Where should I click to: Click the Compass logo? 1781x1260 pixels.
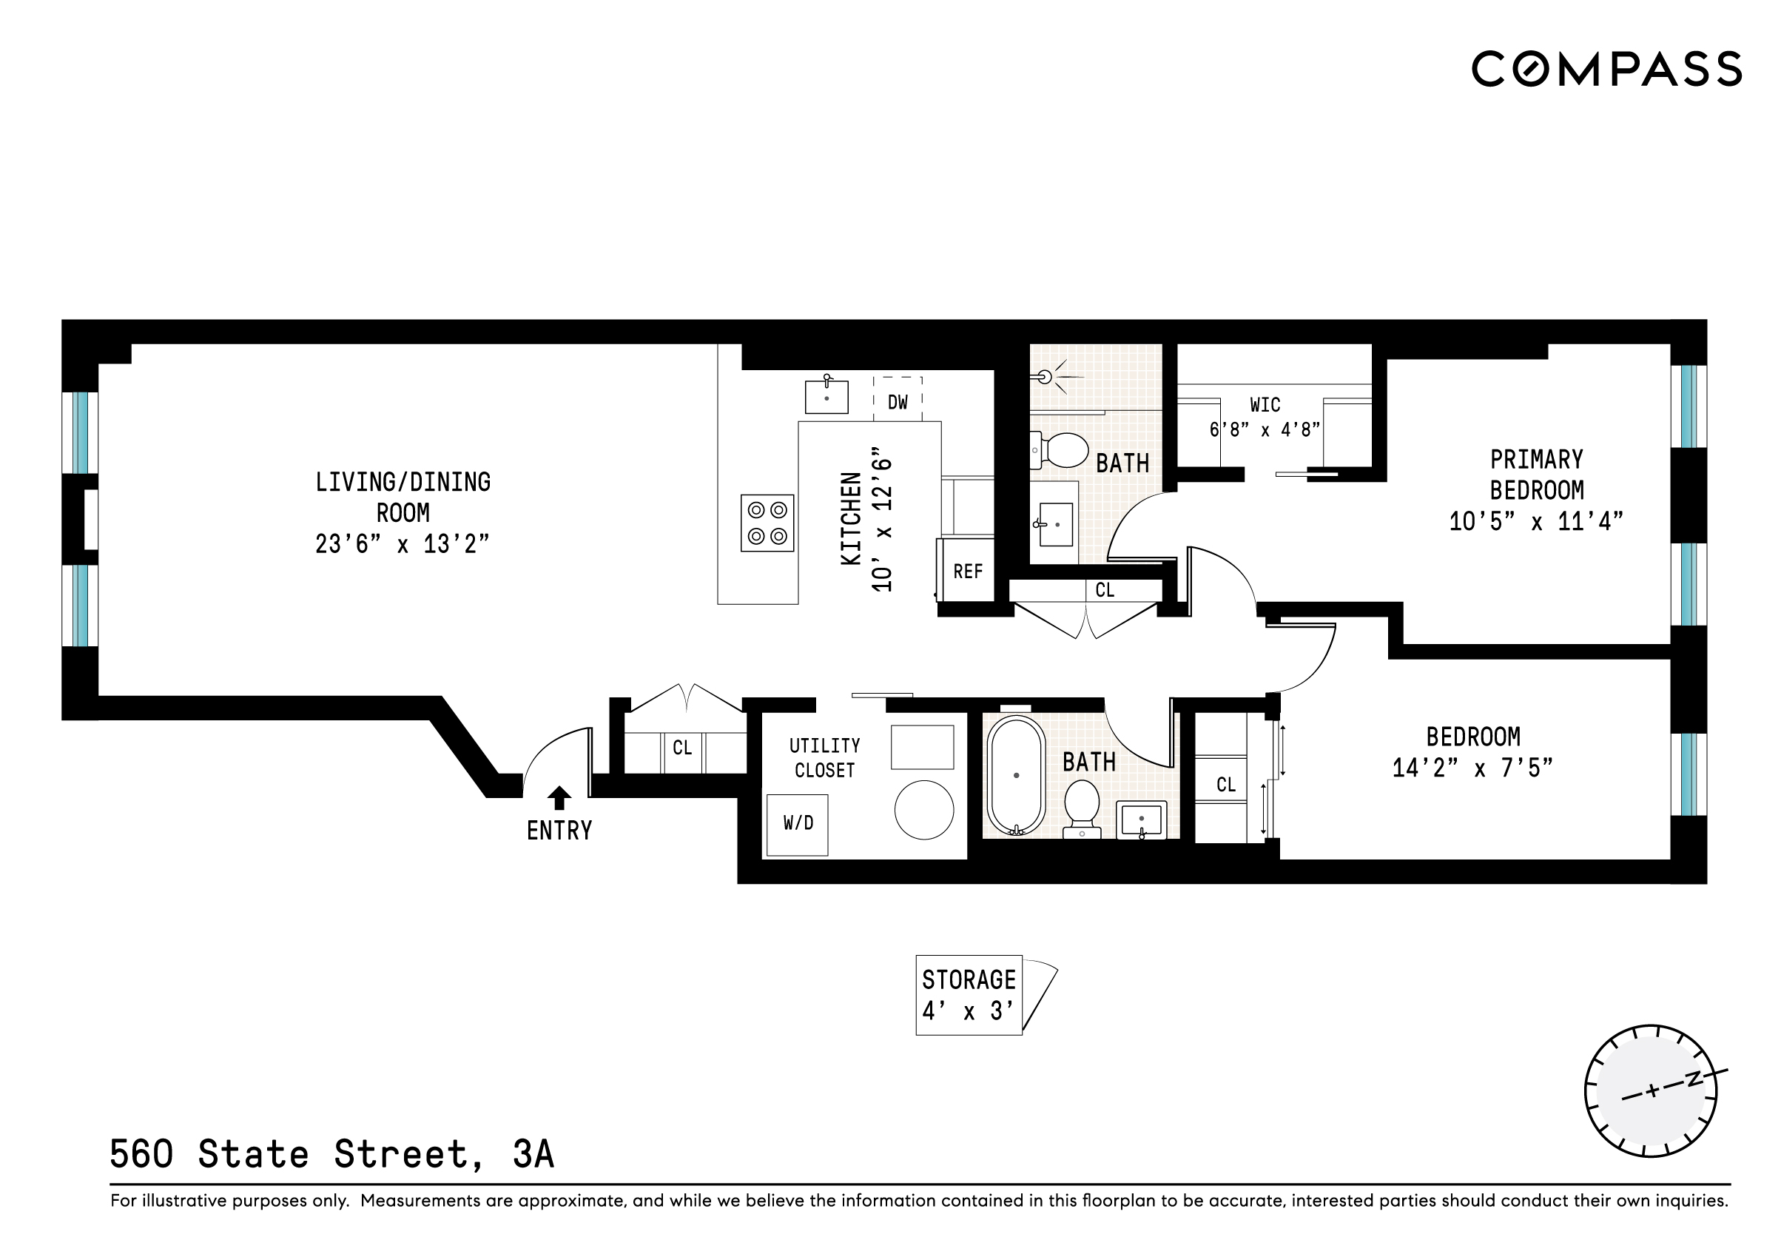(x=1606, y=69)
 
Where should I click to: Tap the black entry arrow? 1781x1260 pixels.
(x=559, y=797)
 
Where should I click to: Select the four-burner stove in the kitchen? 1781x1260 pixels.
(x=767, y=523)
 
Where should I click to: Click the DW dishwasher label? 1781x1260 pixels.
(x=898, y=402)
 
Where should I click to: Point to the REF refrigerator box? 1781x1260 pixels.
(x=967, y=571)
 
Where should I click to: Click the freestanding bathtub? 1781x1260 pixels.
(x=1016, y=775)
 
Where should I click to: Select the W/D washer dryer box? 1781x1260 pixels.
(x=798, y=824)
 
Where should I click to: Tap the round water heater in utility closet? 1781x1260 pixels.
(x=924, y=809)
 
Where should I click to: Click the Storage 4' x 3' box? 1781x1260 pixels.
(x=968, y=995)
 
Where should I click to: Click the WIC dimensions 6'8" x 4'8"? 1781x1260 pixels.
(x=1265, y=429)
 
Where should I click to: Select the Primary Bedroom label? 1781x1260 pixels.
(x=1536, y=475)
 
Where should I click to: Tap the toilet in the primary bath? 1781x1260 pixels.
(x=1062, y=450)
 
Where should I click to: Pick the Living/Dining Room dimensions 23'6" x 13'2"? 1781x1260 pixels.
(x=402, y=544)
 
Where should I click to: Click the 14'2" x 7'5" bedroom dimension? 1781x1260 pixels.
(x=1472, y=768)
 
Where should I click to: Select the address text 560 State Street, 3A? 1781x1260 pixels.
(x=332, y=1153)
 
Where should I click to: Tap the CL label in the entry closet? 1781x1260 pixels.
(x=681, y=748)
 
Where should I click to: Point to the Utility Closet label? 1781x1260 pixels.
(x=824, y=757)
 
